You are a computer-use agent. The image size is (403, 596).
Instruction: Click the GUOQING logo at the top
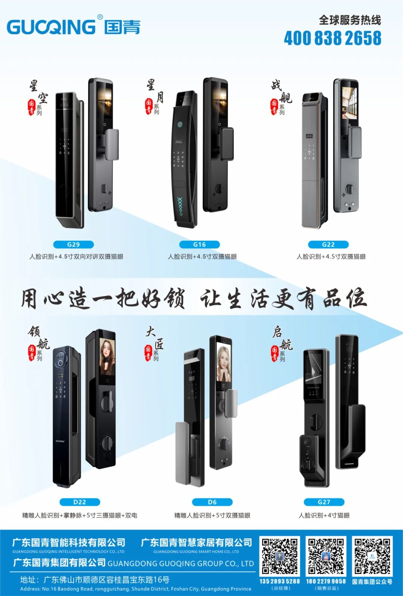coord(73,26)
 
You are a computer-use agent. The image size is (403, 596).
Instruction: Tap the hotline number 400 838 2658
coord(332,38)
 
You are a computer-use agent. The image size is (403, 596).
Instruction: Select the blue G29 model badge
coord(74,245)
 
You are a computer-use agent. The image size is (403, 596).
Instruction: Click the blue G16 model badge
coord(199,245)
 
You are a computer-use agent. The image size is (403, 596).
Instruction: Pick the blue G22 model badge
coord(328,245)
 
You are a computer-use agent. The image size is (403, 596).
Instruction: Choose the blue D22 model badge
coord(79,502)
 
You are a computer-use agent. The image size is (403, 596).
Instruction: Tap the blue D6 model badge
coord(212,502)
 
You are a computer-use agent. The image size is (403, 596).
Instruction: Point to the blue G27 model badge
coord(324,502)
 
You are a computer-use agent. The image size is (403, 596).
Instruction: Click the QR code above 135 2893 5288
coord(280,556)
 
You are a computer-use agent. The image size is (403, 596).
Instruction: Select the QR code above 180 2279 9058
coord(326,556)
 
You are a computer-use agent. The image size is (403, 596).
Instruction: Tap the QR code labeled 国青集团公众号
coord(372,556)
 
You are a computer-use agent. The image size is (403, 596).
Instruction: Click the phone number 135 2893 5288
coord(280,581)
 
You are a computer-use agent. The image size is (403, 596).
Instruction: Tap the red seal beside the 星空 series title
coord(31,107)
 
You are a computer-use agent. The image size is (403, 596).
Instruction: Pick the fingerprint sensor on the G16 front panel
coord(179,125)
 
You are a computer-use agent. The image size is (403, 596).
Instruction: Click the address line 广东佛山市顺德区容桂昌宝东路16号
coord(106,580)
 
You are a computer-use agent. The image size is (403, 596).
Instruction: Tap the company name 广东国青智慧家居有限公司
coord(196,543)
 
